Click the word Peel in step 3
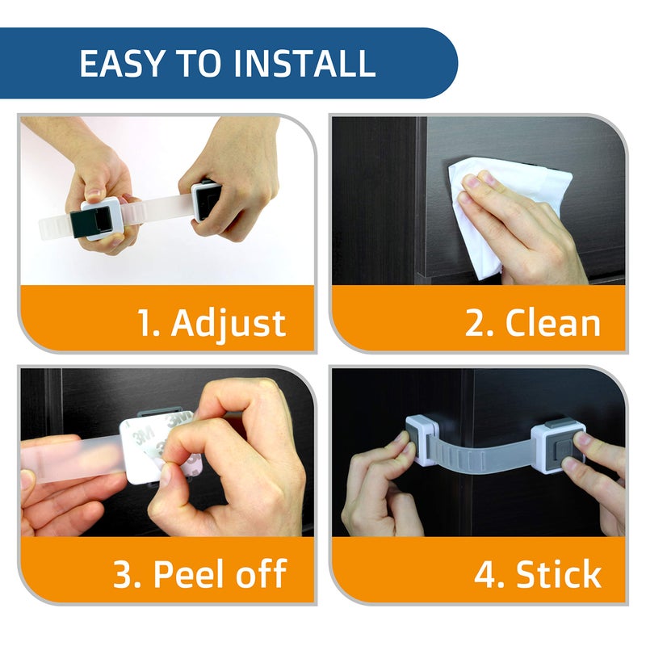(x=189, y=574)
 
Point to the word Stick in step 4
(x=560, y=574)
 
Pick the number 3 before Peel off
(x=124, y=574)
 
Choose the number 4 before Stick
(x=486, y=574)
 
